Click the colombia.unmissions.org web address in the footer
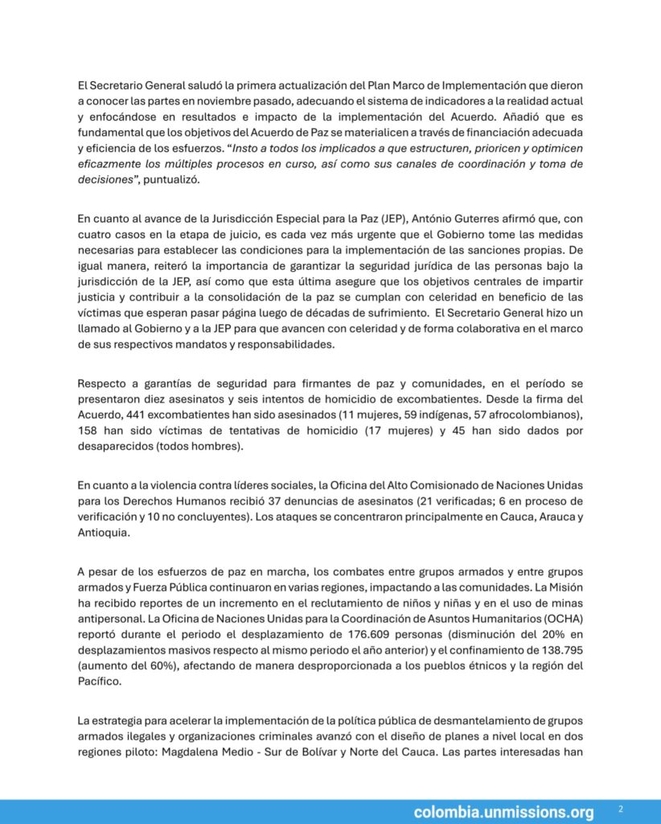[503, 812]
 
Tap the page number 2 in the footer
[620, 808]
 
